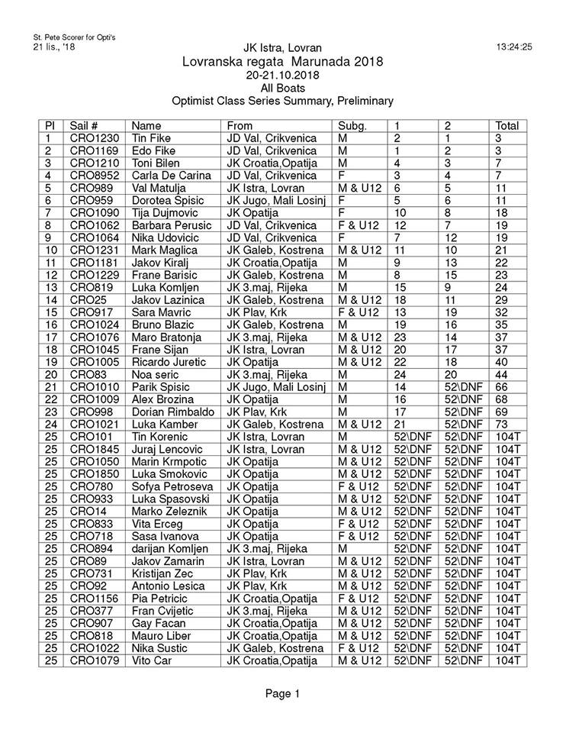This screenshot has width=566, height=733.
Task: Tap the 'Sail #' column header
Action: [x=83, y=126]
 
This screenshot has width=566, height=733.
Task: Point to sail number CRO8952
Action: [x=94, y=176]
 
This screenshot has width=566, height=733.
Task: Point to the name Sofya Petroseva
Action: [x=173, y=485]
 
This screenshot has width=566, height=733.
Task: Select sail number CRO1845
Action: [x=94, y=448]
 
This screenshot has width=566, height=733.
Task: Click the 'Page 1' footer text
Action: [x=282, y=693]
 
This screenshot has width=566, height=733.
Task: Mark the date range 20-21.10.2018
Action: [x=282, y=76]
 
